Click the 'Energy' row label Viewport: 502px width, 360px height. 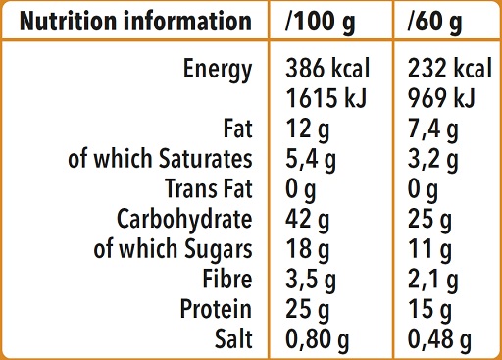218,70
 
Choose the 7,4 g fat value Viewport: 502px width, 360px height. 431,129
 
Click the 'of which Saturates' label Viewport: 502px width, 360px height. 160,159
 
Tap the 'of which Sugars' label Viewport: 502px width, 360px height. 173,249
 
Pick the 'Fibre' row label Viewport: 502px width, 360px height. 226,280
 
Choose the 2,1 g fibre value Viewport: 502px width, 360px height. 431,280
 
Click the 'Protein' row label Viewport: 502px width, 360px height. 216,310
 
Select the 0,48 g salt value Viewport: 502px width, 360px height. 438,339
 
